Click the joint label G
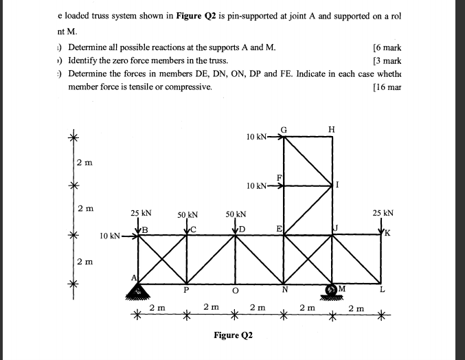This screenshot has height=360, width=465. (284, 128)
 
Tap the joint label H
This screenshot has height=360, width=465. (332, 129)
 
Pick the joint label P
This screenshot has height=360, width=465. (186, 289)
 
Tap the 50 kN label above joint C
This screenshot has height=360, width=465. (188, 214)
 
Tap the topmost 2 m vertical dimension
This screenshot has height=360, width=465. (84, 162)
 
